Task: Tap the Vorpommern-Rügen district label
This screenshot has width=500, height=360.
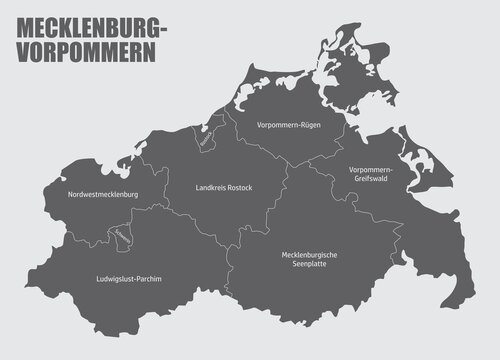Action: [288, 124]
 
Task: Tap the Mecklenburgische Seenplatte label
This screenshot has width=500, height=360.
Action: [309, 261]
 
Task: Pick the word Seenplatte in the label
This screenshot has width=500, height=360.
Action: [309, 266]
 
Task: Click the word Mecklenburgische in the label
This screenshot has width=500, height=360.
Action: [309, 255]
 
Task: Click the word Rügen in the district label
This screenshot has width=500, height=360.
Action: [309, 124]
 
